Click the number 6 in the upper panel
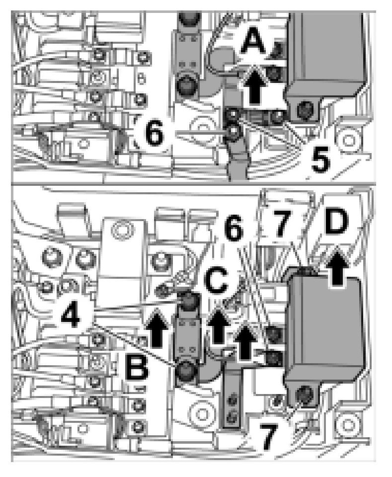(x=155, y=133)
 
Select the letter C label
(x=217, y=282)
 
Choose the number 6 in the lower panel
(x=234, y=229)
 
